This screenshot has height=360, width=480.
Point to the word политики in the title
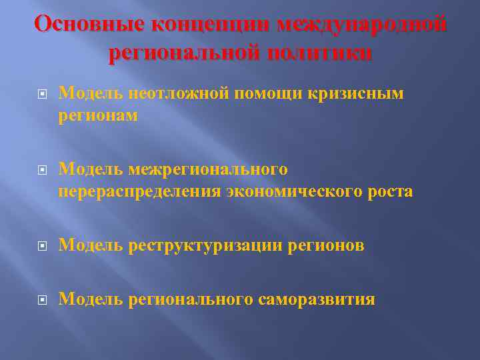[319, 53]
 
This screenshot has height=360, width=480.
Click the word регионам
[98, 116]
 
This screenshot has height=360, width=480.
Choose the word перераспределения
[139, 192]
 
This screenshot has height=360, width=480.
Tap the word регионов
[326, 246]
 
